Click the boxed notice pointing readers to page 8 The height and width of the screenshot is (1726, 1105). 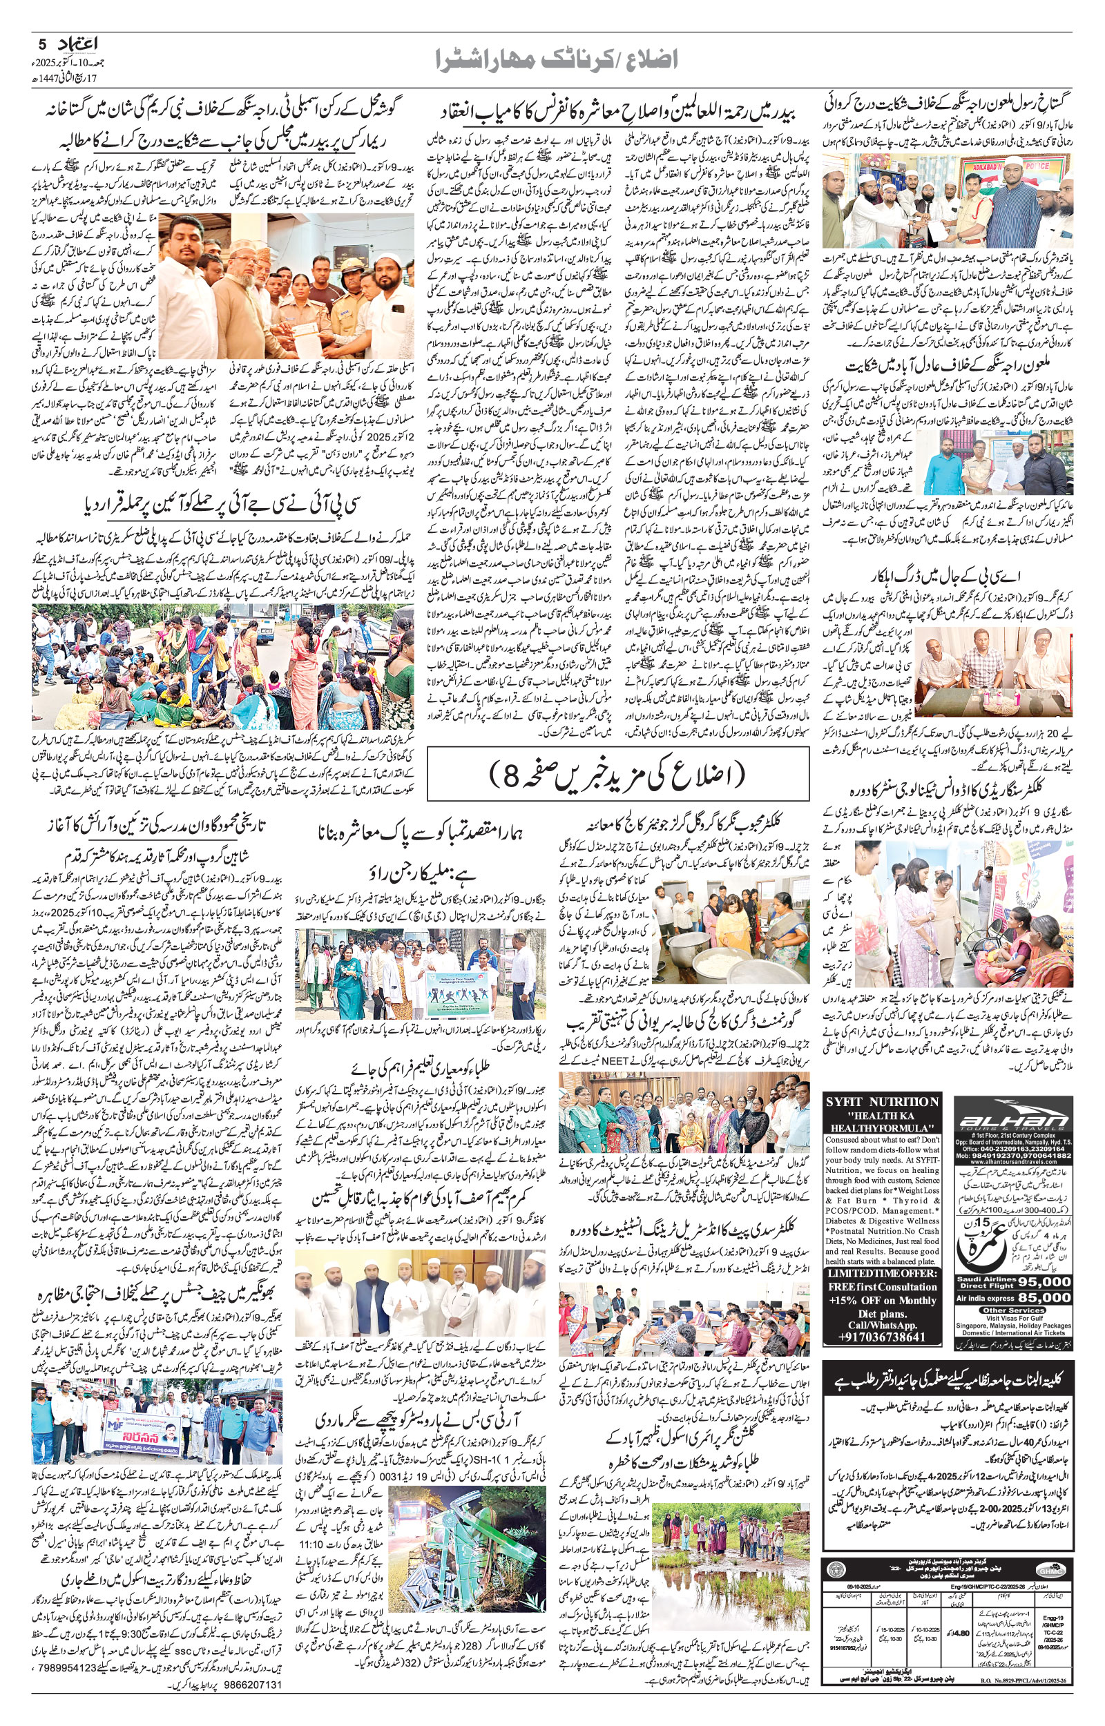618,774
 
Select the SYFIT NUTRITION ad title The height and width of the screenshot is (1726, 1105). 883,1100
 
